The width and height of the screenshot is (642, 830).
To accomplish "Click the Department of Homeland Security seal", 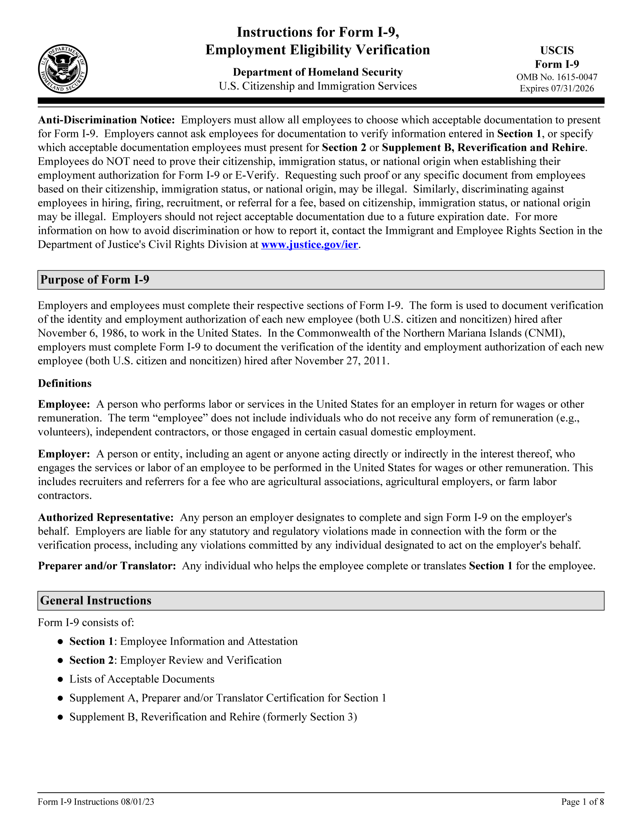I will pos(63,68).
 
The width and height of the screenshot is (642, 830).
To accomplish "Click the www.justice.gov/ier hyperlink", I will pos(310,245).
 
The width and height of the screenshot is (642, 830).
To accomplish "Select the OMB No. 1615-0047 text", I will pos(556,77).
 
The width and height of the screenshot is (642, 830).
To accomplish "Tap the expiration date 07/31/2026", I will pos(572,88).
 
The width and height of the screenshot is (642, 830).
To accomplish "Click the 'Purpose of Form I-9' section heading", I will pos(95,280).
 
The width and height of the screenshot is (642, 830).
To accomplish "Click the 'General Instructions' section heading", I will pos(96,601).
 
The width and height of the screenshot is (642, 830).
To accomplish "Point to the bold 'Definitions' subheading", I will pos(65,383).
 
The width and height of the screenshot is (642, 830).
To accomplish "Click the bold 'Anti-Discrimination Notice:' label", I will pos(106,120).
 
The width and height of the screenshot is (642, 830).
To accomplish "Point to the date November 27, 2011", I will pos(341,361).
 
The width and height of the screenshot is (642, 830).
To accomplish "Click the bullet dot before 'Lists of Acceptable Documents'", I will pos(60,680).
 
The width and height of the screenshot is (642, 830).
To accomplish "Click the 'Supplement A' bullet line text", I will pos(227,698).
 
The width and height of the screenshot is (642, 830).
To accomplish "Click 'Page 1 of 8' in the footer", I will pos(582,802).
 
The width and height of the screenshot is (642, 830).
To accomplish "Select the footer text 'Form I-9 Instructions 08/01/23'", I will pos(96,802).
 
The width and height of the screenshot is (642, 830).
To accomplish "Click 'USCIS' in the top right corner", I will pos(557,50).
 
